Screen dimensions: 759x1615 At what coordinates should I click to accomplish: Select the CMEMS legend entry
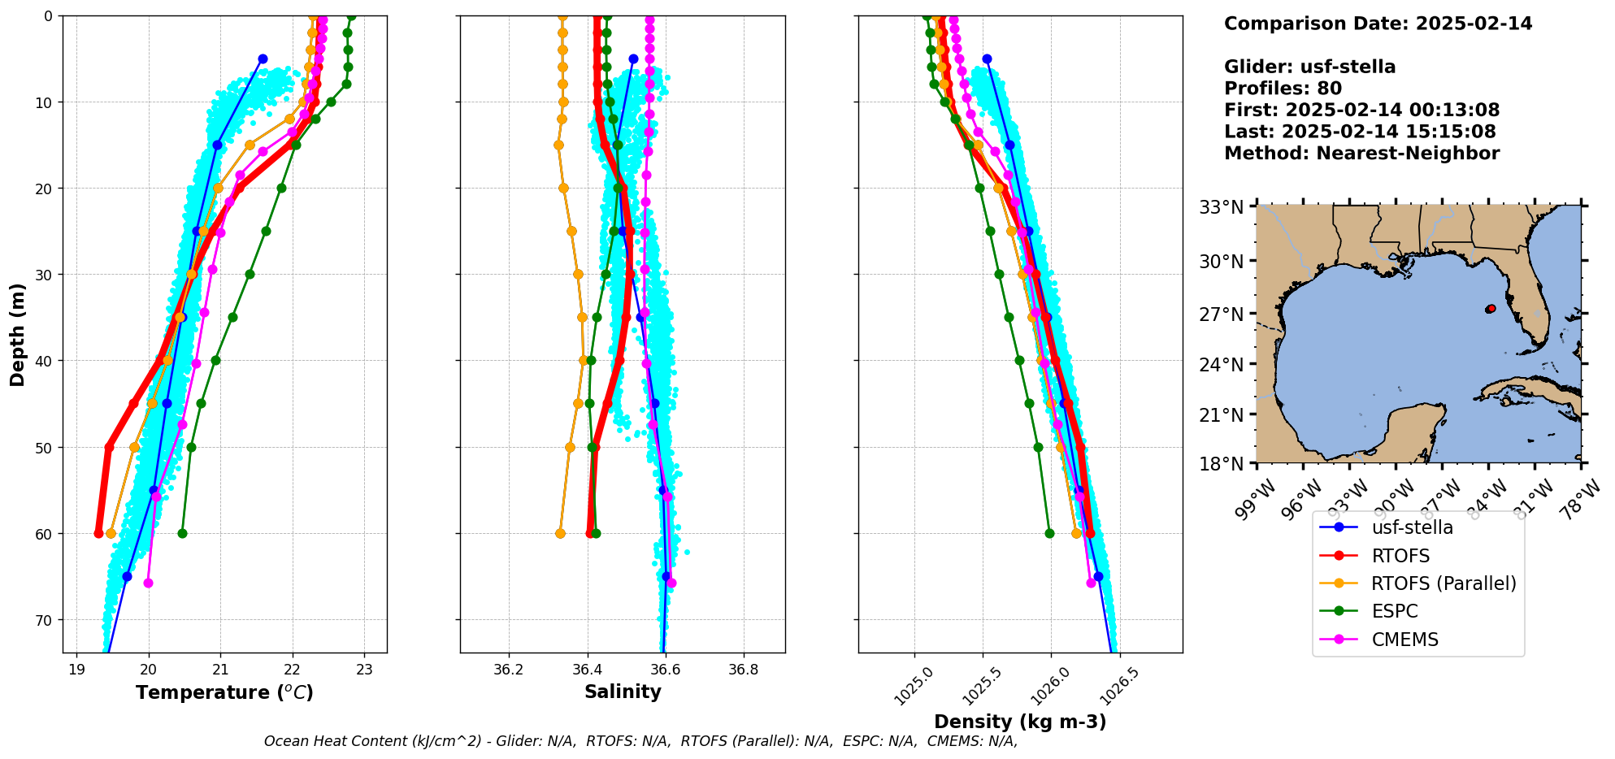coord(1404,640)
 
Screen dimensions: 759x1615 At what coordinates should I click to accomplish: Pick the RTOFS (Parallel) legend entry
coord(1444,583)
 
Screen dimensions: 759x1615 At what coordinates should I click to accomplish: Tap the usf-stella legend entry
coord(1412,527)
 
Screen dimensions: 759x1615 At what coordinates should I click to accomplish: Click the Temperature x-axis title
coord(224,692)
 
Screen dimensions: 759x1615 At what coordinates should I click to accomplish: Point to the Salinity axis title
coord(623,692)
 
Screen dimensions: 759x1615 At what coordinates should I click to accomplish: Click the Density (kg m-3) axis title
coord(1020,722)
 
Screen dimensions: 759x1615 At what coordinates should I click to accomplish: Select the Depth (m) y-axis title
coord(17,334)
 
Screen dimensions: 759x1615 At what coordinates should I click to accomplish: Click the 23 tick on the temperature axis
coord(364,670)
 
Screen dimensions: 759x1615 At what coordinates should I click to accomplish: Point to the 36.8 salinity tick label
coord(743,670)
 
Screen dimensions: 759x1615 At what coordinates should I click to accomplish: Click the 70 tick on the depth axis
coord(42,620)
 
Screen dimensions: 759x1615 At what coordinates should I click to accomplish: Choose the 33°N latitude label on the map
coord(1222,207)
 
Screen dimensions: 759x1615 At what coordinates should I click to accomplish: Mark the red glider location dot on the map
coord(1491,309)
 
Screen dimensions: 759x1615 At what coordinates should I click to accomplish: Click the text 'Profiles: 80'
coord(1283,89)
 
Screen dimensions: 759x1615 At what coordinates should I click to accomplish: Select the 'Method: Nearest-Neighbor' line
coord(1361,154)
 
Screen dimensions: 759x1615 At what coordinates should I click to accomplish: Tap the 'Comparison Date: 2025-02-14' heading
coord(1378,24)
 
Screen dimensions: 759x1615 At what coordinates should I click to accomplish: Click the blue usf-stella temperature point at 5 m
coord(263,59)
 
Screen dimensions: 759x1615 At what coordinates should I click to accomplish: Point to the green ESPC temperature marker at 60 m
coord(182,534)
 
